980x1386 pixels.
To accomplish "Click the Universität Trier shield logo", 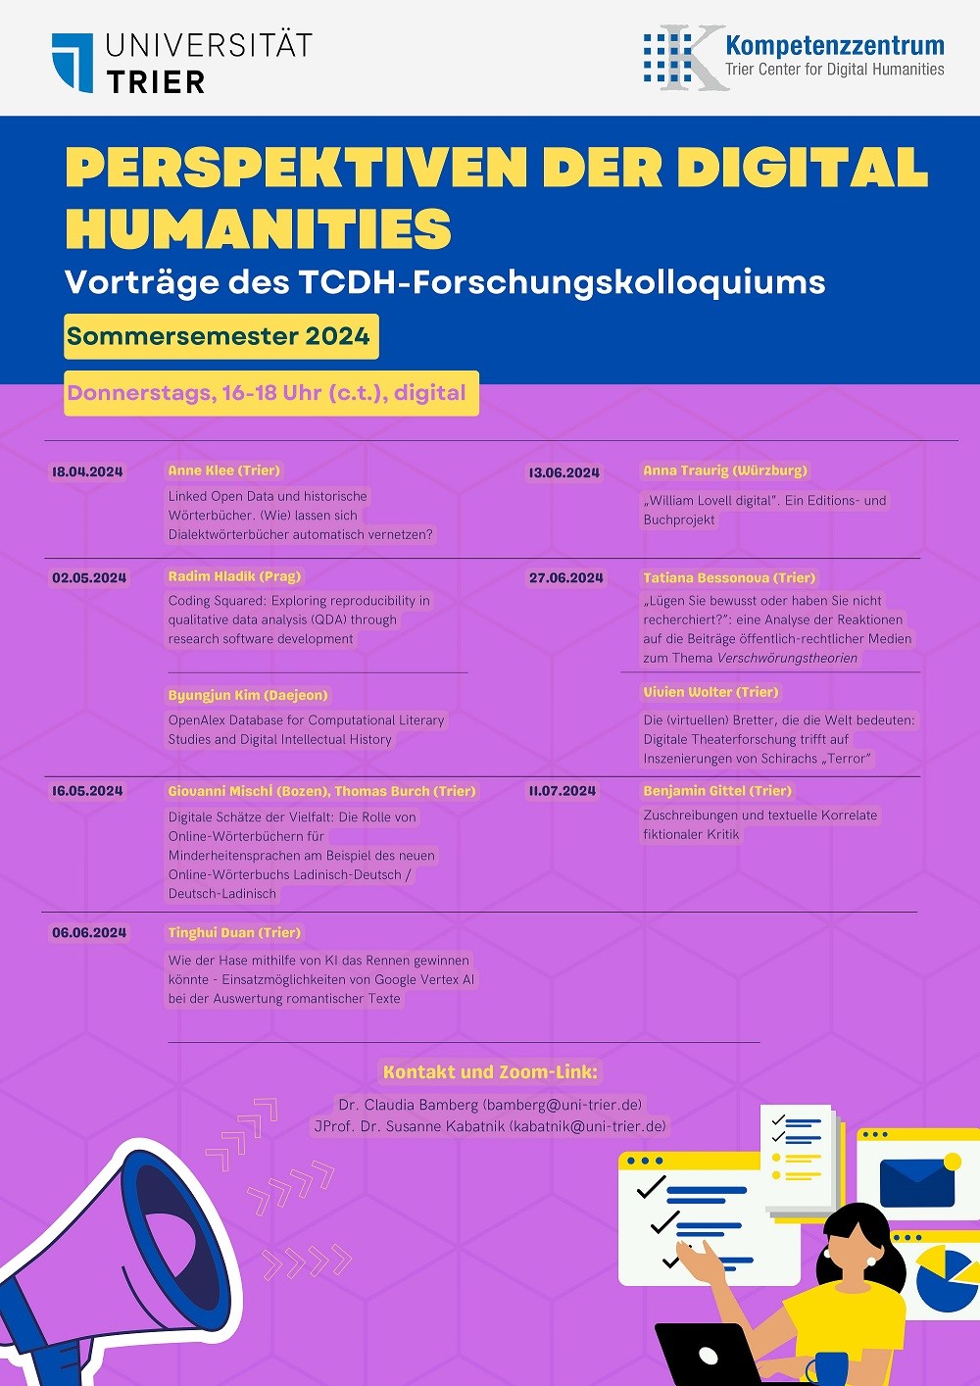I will click(x=73, y=63).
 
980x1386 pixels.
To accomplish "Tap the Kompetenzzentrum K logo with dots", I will click(x=686, y=58).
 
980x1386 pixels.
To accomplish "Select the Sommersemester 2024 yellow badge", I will click(x=220, y=337).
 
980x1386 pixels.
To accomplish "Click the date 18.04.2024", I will click(x=87, y=471).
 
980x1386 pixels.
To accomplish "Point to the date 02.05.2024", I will click(x=89, y=577).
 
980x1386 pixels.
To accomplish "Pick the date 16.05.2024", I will click(x=87, y=791).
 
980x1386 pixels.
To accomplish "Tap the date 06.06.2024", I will click(x=89, y=933).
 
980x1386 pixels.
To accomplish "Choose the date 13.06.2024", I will click(x=563, y=472).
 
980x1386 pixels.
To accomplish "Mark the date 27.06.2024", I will click(x=566, y=577).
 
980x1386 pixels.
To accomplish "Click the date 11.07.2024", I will click(x=563, y=791).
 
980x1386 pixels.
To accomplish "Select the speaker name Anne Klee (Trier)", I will click(x=224, y=470).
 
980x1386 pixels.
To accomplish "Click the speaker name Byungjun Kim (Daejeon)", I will click(x=248, y=695).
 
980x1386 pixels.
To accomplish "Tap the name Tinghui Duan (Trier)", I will click(x=234, y=932).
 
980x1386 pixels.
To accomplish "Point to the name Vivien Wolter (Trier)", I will click(x=710, y=692).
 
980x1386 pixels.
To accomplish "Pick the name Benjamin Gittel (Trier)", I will click(x=717, y=791).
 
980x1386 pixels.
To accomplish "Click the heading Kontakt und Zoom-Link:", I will click(x=490, y=1072).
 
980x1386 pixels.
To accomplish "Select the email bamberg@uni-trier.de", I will click(x=563, y=1105).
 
